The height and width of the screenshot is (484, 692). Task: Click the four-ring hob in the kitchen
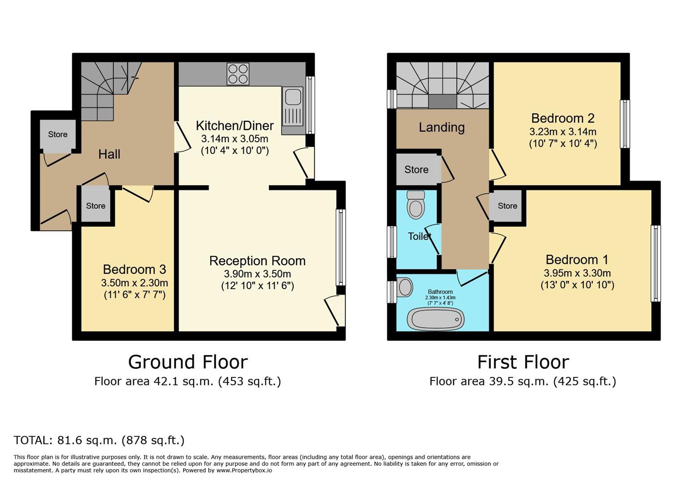point(238,74)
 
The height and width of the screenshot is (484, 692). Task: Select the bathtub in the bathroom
point(436,319)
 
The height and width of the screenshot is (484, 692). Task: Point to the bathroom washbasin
point(405,287)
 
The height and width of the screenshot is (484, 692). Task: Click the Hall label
point(109,154)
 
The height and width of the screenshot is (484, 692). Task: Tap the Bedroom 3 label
point(134,269)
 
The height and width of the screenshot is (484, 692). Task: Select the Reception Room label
point(257,261)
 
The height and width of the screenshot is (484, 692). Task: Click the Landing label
point(441,127)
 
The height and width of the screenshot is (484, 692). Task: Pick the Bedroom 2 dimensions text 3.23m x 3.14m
point(563,132)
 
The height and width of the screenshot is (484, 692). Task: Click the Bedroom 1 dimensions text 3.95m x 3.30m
point(577,273)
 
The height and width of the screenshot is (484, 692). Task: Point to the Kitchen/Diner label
point(235,126)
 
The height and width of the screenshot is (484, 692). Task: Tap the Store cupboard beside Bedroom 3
point(95,206)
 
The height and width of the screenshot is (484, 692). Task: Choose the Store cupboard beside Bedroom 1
point(507,206)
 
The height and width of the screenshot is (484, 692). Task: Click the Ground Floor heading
point(188,362)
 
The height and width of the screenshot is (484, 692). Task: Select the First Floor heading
point(523,362)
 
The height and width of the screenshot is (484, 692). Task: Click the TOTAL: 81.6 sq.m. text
point(99,440)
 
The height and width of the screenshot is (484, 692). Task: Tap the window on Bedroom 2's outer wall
point(625,124)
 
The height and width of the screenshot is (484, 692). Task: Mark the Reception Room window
point(341,247)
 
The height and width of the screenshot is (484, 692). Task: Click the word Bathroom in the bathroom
point(440,292)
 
